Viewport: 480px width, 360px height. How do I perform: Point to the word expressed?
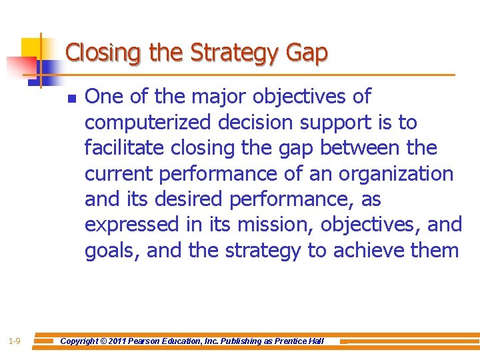pos(132,225)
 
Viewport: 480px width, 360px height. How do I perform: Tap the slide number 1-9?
pos(14,341)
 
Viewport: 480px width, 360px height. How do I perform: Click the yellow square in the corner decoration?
pos(31,48)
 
